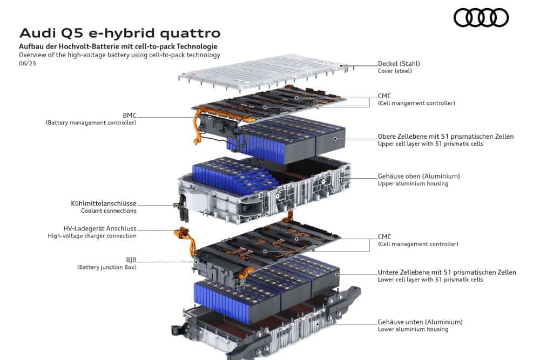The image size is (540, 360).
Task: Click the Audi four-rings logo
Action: click(481, 18)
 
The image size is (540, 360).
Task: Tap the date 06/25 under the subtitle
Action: click(28, 63)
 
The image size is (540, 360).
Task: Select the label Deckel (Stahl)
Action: click(399, 64)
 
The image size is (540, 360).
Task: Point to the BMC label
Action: click(130, 116)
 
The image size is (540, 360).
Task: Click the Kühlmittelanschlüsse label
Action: click(104, 203)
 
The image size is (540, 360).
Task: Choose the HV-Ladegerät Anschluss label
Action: click(100, 228)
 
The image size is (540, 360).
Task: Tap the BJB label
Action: click(131, 260)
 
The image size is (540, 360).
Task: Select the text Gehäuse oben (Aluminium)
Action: click(419, 176)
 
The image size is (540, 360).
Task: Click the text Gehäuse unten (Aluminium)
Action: click(420, 322)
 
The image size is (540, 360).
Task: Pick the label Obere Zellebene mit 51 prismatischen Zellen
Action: click(446, 137)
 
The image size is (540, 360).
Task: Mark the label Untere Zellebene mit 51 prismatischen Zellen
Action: click(447, 273)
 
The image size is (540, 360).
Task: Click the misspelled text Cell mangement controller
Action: click(416, 103)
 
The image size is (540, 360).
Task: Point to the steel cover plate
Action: click(264, 72)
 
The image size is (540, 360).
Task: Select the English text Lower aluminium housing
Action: click(413, 329)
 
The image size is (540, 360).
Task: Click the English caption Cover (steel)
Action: click(395, 71)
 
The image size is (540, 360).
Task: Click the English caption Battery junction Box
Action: click(107, 267)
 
